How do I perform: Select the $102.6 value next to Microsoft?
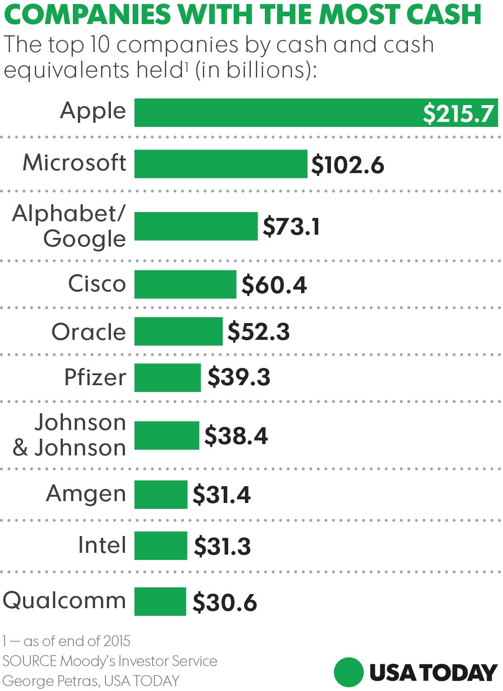pos(348,164)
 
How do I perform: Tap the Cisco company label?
pos(97,284)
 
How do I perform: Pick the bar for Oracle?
pos(178,331)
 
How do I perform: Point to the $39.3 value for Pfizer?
pos(239,377)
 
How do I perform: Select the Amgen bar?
pos(161,494)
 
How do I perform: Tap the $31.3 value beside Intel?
pos(222,546)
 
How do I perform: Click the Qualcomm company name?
pos(64,601)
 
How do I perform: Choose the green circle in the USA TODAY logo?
pos(349,672)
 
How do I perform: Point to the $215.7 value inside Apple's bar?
pos(458,113)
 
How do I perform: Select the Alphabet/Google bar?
pos(196,226)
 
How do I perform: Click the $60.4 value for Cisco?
pos(274,285)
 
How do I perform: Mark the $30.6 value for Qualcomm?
pos(225,603)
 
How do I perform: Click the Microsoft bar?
pos(221,164)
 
